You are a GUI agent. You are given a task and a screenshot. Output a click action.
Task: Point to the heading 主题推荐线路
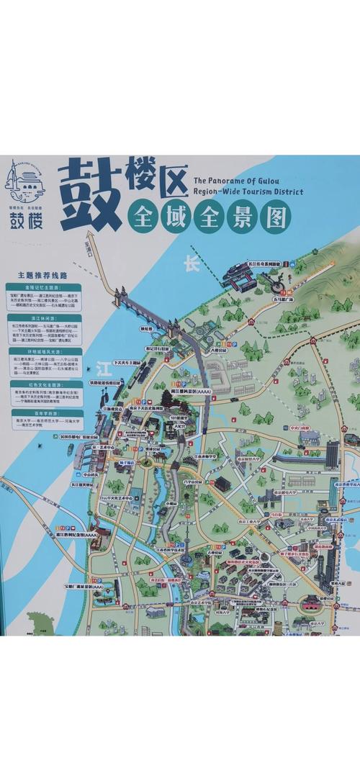42,274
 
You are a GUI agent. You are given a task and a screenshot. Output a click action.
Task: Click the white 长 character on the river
191,264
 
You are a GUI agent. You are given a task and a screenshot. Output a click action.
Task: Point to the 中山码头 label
91,475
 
